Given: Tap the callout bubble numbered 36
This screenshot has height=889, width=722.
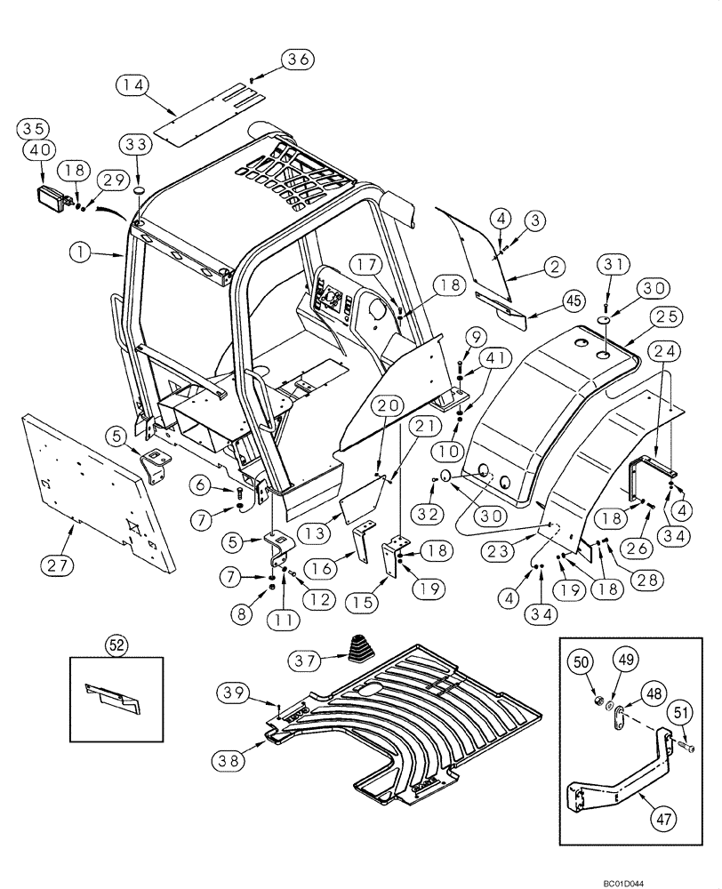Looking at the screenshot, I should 299,60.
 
